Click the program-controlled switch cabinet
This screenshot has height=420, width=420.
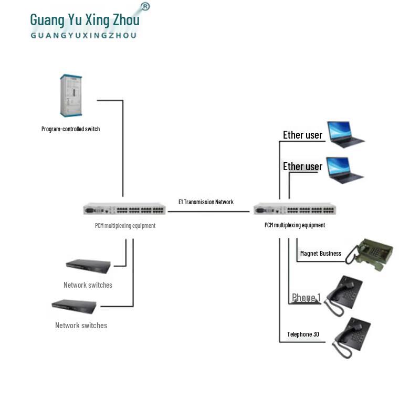(x=72, y=96)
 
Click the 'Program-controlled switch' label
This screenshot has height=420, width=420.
(x=70, y=129)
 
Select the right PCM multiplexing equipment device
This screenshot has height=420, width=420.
(x=295, y=210)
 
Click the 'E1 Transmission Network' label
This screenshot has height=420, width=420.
(x=206, y=202)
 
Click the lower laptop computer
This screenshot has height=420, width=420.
(x=345, y=169)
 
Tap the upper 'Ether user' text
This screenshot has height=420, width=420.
(x=302, y=135)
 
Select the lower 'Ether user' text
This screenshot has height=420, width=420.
(x=302, y=166)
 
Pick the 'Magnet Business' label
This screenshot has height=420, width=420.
(x=320, y=254)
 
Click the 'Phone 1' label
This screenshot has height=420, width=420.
(x=306, y=298)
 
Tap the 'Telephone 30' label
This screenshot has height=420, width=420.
(x=303, y=334)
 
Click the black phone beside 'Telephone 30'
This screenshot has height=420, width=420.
(x=353, y=337)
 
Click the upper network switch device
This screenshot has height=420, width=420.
(x=88, y=266)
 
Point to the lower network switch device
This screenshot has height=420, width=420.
(x=74, y=306)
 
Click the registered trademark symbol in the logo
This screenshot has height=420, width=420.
(x=145, y=6)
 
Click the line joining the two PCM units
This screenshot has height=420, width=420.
(x=208, y=212)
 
